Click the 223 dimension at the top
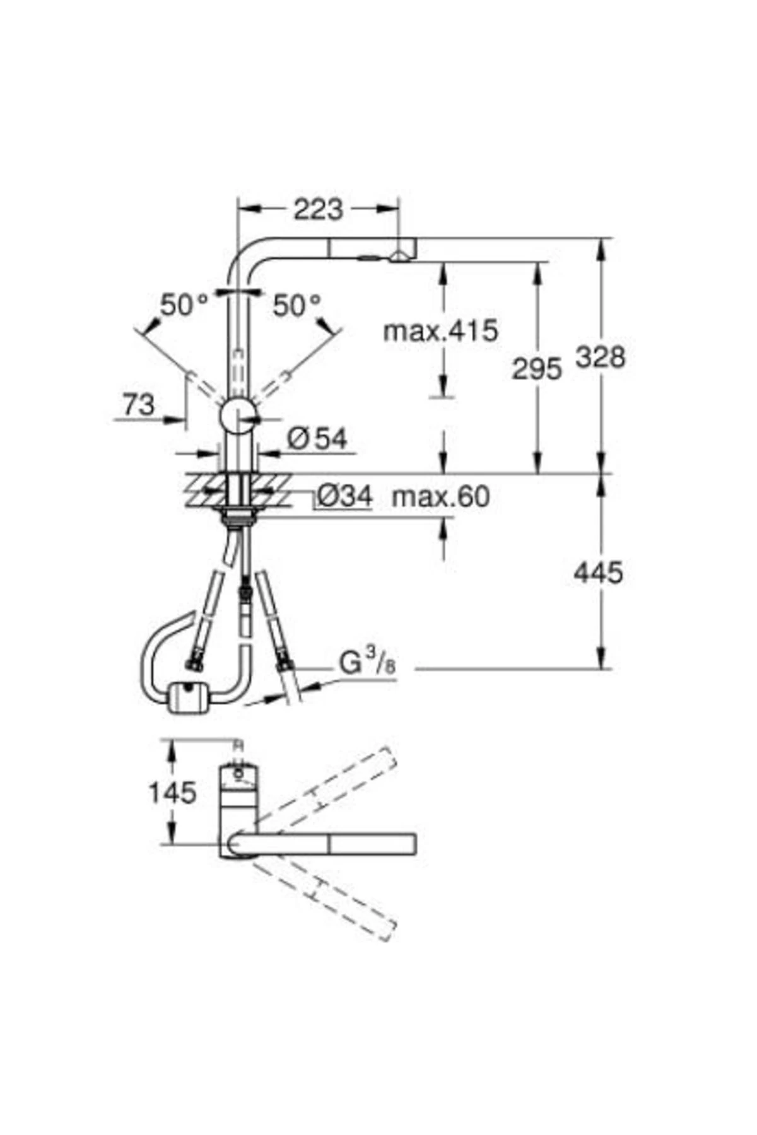(318, 209)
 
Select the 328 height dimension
(600, 358)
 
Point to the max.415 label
(441, 330)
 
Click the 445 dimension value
(598, 573)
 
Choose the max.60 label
(440, 497)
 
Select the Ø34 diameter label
(344, 497)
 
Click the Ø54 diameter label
(317, 439)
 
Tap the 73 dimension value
(139, 404)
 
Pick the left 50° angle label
(184, 306)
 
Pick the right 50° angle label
(297, 306)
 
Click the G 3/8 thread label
(368, 664)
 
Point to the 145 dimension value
(172, 793)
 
